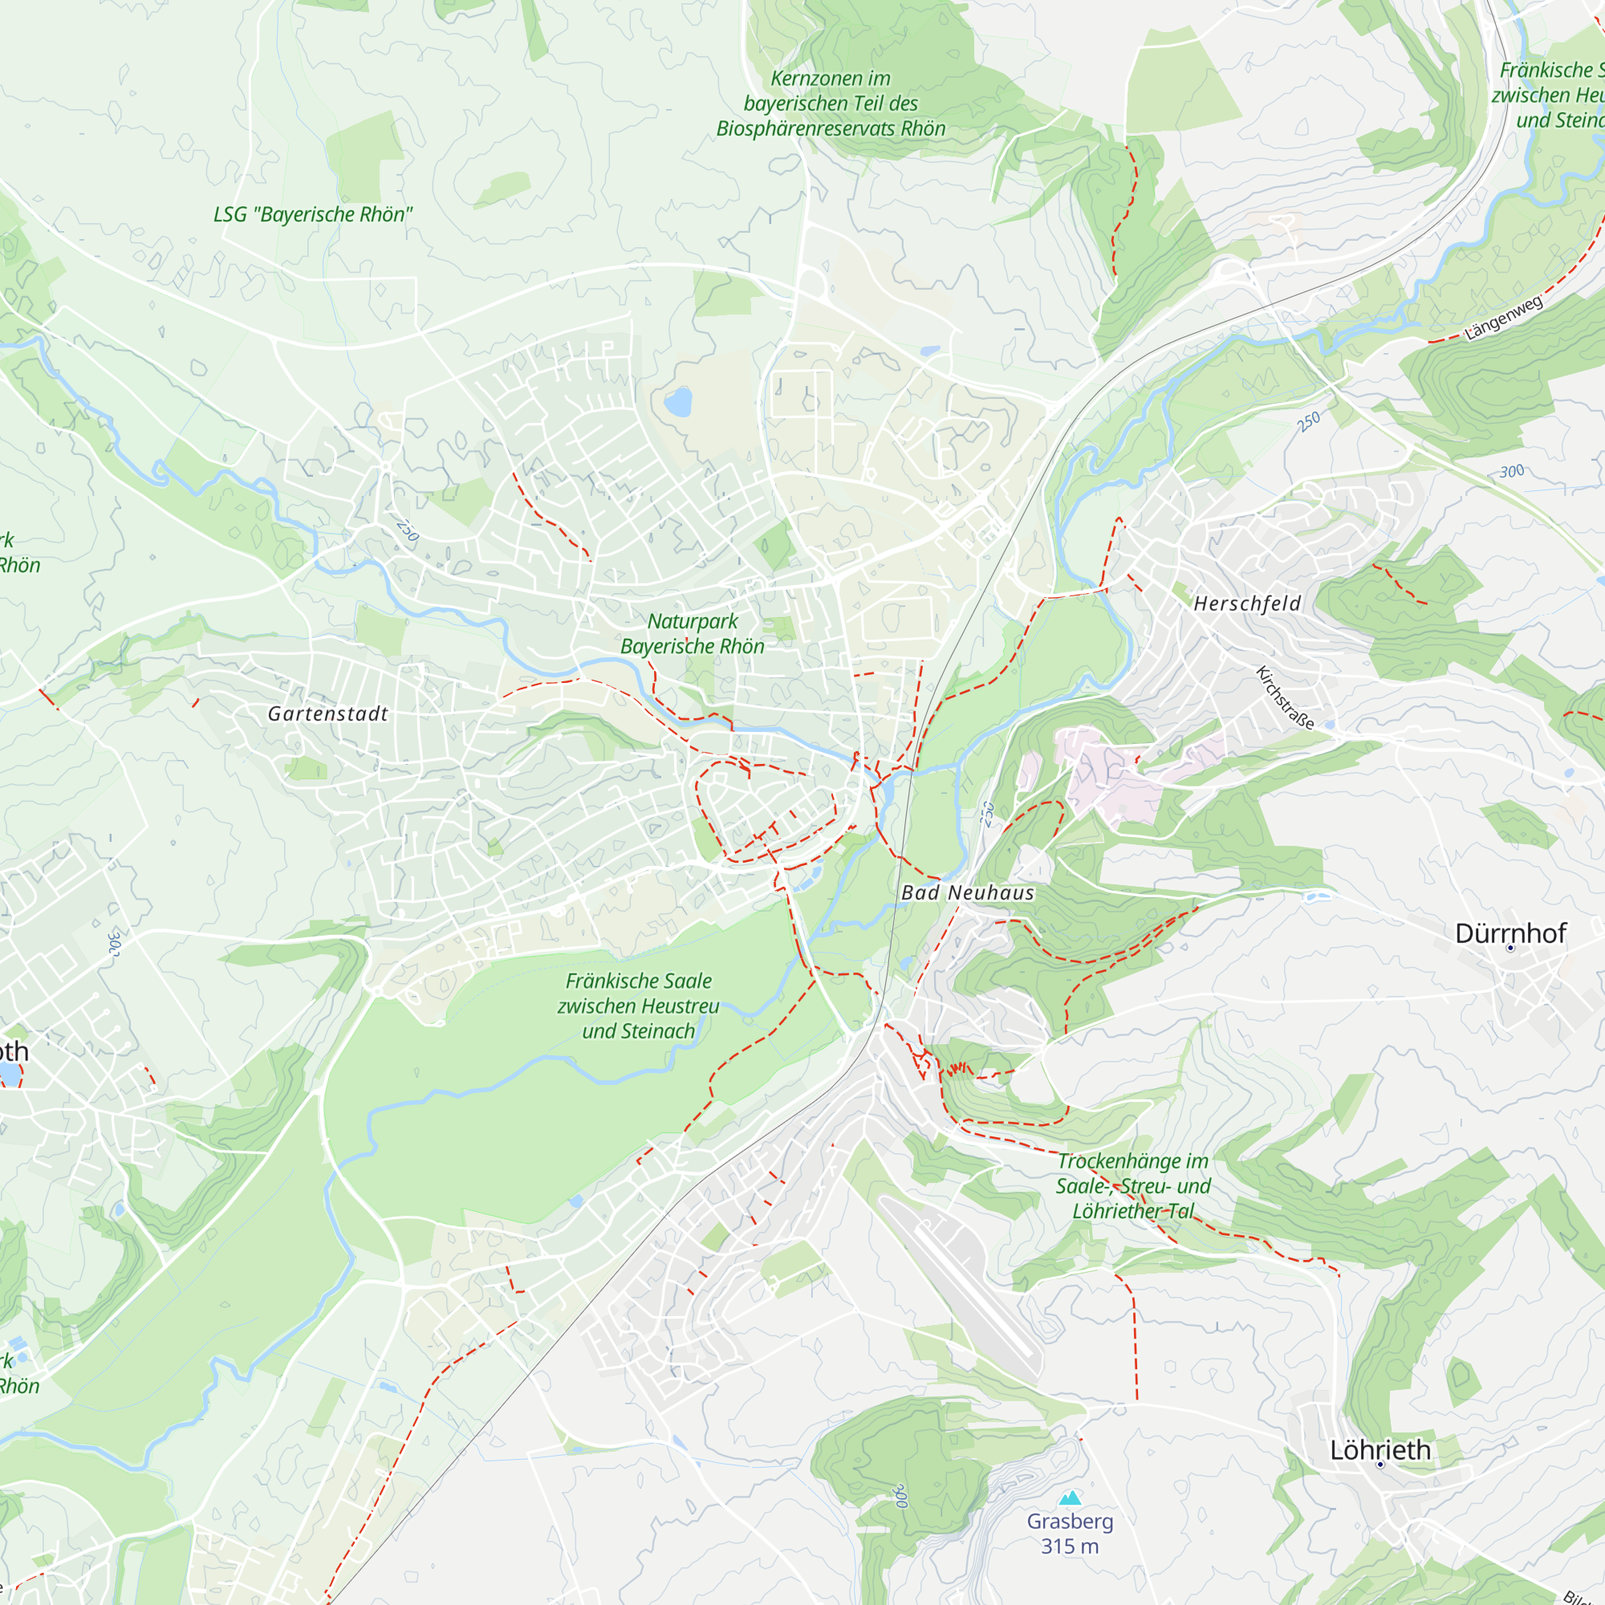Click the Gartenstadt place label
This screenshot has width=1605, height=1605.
(x=327, y=713)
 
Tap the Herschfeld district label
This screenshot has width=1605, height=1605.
(x=1247, y=604)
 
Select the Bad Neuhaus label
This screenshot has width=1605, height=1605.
(x=968, y=893)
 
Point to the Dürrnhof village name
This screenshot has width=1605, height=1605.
(x=1510, y=933)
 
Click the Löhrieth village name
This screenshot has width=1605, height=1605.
(x=1379, y=1449)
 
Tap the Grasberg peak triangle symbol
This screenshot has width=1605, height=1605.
(x=1070, y=1497)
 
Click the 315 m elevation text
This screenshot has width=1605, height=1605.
(x=1069, y=1546)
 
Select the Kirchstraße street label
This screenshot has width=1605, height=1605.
(x=1284, y=698)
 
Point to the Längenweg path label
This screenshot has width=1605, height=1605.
(x=1504, y=317)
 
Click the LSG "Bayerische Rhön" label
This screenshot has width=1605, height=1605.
(x=312, y=214)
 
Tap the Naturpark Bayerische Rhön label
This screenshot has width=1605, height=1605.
(x=692, y=633)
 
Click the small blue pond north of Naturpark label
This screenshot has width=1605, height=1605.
(x=678, y=402)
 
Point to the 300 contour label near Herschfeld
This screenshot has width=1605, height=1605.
(x=1511, y=471)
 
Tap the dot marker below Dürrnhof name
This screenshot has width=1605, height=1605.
(x=1510, y=948)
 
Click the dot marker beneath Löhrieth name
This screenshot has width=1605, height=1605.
(x=1379, y=1465)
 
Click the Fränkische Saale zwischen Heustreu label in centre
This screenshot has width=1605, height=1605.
(x=638, y=1006)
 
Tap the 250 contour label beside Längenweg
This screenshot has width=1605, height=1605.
(x=1308, y=422)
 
